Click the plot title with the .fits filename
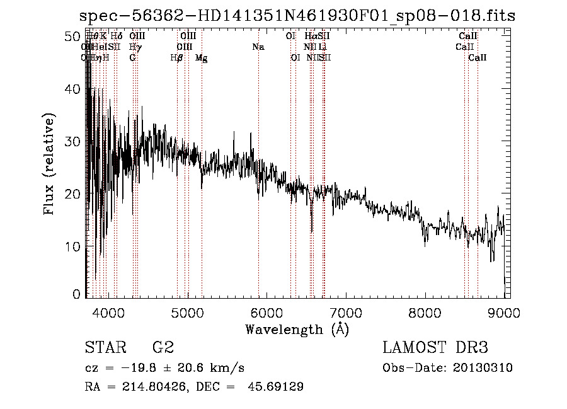[x=297, y=15]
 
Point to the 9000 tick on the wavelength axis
[x=504, y=311]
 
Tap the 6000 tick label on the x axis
[x=266, y=311]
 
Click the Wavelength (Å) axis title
[x=297, y=328]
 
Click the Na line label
[x=258, y=47]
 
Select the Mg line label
[x=201, y=58]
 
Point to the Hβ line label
[x=176, y=58]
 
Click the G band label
[x=132, y=58]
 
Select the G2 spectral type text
[x=163, y=348]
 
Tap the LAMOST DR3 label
[x=435, y=348]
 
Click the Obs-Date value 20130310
[x=485, y=368]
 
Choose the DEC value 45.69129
[x=277, y=387]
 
